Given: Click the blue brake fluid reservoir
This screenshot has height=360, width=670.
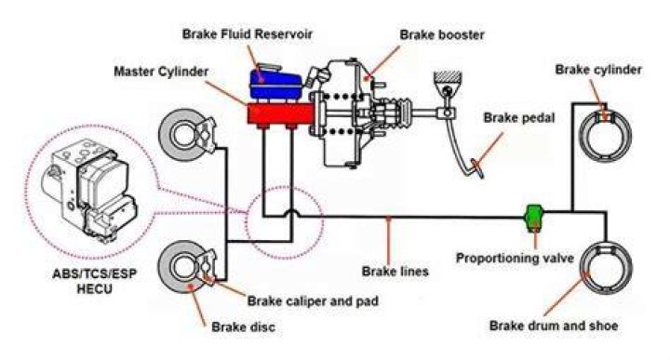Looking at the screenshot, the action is point(275,83).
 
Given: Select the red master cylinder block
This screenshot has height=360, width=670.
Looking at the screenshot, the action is point(280,114).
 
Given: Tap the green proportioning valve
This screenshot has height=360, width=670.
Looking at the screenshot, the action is point(534,217).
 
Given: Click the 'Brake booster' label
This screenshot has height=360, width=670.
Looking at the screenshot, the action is point(442,34).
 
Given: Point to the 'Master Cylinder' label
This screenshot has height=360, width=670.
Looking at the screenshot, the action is point(161,72).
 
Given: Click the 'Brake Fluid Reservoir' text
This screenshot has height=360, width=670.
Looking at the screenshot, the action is point(247,33).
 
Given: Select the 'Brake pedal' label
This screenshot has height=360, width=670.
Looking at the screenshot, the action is point(518,117).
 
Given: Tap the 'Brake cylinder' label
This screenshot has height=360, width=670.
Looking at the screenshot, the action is point(598,70).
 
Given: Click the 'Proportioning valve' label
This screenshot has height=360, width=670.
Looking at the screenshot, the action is point(515,258).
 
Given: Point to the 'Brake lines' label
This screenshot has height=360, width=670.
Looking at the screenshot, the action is point(395,272).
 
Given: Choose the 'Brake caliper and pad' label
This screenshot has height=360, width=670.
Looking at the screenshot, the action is point(313,301).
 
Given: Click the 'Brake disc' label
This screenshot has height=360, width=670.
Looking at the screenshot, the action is point(243,327).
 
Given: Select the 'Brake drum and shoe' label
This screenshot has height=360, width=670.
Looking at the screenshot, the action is point(554,326).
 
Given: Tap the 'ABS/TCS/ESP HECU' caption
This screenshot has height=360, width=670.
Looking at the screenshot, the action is point(94,281).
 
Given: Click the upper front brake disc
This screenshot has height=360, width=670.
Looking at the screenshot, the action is point(181,133).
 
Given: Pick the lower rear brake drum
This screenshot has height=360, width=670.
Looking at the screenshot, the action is point(606,268).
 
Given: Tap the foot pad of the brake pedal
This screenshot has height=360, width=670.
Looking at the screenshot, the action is point(477,167).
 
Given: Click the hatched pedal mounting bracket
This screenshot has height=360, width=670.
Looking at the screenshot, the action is point(448,77).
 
